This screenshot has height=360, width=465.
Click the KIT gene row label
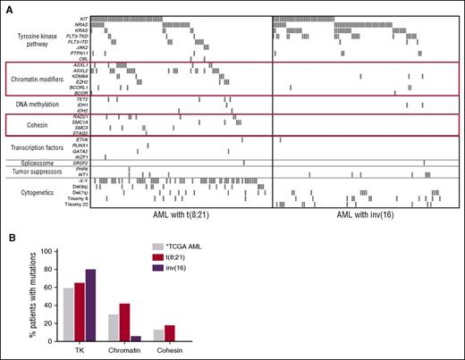click(81, 18)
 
